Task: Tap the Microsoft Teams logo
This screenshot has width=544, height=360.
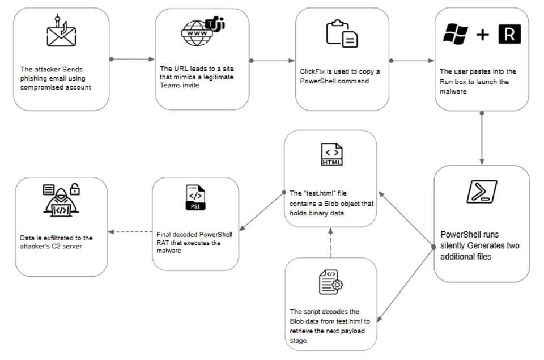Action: coord(215,24)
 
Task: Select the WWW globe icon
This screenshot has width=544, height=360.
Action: coord(197,33)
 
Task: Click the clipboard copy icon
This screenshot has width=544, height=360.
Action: coord(342,33)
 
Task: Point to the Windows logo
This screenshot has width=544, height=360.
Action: coord(456,33)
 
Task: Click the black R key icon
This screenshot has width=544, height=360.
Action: coord(509,34)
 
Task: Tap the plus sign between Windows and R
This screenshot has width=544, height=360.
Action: coord(483,35)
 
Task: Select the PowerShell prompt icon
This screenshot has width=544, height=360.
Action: coord(482,191)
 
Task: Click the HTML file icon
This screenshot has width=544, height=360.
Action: coord(331,154)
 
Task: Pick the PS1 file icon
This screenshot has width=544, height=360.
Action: coord(195,197)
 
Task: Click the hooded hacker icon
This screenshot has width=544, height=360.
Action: coord(61,202)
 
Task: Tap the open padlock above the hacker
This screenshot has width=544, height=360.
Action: coord(75,189)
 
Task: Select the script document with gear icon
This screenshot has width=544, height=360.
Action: coord(330,282)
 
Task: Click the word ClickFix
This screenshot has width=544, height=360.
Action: coord(312,71)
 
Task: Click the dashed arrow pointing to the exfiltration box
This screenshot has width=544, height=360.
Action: coord(130,232)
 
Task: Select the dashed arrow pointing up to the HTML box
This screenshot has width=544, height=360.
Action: coord(330,243)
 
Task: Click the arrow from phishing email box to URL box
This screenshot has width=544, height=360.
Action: coord(132,60)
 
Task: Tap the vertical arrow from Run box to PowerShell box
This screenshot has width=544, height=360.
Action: coord(482,138)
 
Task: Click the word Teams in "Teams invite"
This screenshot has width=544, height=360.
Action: coord(169,86)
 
